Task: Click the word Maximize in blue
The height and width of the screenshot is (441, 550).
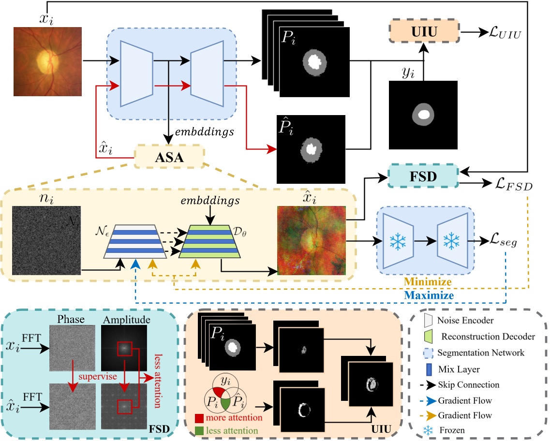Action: click(430, 295)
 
